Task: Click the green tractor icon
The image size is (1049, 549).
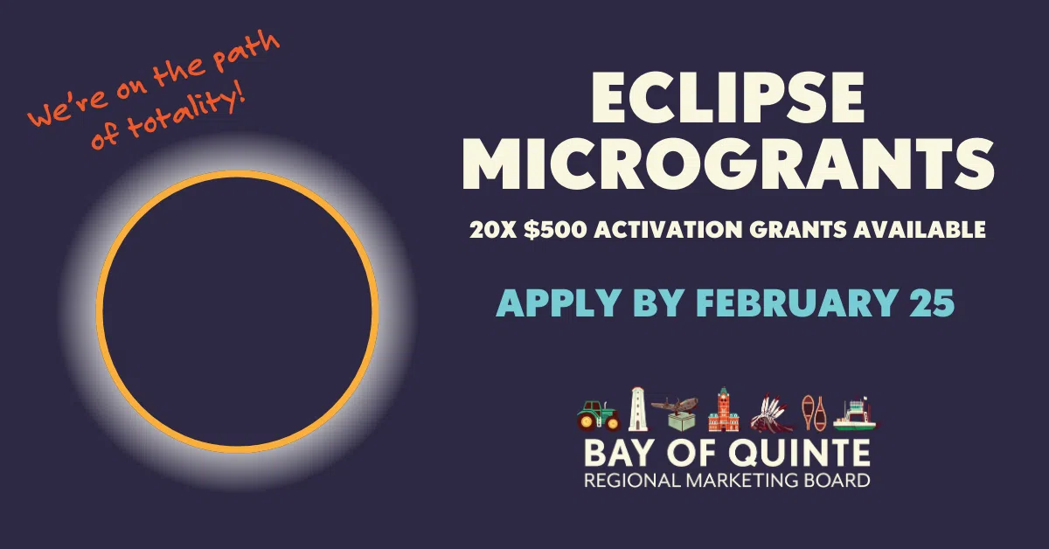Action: coord(598,414)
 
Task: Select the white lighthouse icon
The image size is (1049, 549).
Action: coord(637,409)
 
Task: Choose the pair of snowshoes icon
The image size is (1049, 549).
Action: coord(814,412)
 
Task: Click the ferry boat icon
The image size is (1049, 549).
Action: coord(856,413)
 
